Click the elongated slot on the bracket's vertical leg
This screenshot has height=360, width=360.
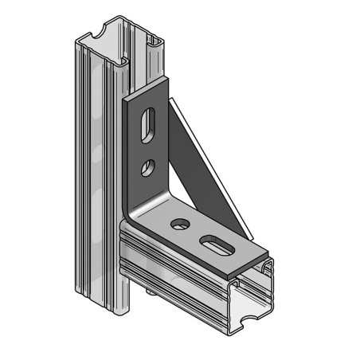148,125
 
